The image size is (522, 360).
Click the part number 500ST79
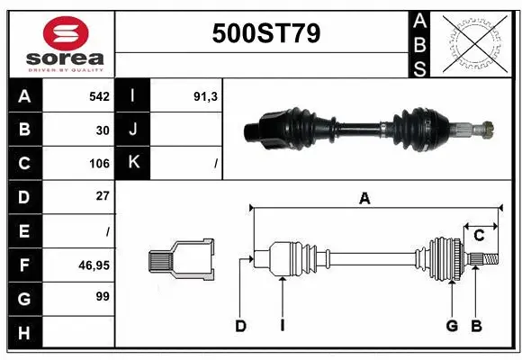tap(265, 33)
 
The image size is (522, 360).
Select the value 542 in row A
tap(99, 96)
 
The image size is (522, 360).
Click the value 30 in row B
tap(103, 130)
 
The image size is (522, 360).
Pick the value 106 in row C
tap(99, 164)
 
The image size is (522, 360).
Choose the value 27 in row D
tap(103, 196)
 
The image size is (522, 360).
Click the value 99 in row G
tap(103, 296)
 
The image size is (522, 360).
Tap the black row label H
tap(24, 333)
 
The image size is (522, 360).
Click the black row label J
tap(134, 130)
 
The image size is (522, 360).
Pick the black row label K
tap(134, 164)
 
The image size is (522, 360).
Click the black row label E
tap(24, 231)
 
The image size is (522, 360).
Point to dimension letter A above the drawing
tap(364, 199)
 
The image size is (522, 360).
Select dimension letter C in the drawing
tap(480, 235)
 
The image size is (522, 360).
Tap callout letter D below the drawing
tap(240, 326)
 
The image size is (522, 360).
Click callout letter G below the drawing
tap(453, 326)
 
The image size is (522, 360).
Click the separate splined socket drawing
tap(182, 260)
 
